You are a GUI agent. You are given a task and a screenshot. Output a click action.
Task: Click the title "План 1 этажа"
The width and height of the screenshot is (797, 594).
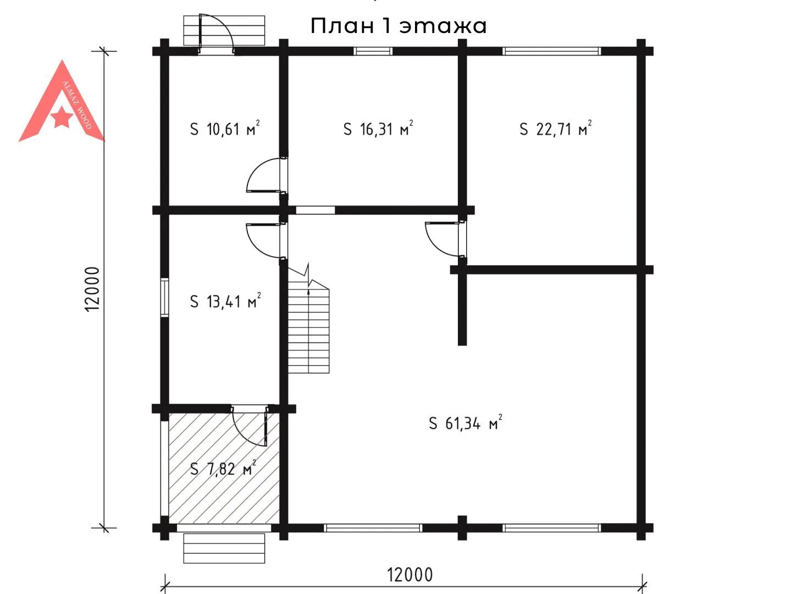pos(398,26)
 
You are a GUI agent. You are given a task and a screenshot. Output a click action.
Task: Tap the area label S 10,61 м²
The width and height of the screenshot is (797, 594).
pos(225,128)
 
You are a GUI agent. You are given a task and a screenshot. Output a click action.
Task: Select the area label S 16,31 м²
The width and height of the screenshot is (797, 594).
pos(378,128)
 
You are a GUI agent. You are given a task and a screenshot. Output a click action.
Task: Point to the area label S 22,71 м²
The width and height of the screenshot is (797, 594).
pos(555,128)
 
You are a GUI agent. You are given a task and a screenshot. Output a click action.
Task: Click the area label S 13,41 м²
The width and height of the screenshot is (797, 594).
pos(225,301)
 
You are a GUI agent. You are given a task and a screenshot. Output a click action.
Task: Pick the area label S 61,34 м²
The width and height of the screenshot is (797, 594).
pos(466,422)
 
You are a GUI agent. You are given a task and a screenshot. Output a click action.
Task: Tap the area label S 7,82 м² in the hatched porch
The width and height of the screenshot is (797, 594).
pos(223,468)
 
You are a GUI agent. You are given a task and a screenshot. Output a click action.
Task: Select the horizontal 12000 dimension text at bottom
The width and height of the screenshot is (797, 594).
pos(409,575)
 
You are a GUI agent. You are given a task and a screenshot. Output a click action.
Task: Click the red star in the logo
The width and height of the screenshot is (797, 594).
pos(62,117)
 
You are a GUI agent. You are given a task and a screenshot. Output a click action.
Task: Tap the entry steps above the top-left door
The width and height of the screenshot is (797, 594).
pos(224,31)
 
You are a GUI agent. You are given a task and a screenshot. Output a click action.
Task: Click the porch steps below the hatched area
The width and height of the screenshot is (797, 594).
pos(224,548)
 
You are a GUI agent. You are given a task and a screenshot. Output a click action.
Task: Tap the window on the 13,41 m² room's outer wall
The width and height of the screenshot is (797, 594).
pos(164,298)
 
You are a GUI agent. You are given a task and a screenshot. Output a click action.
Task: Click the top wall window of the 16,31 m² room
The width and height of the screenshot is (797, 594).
pos(373,51)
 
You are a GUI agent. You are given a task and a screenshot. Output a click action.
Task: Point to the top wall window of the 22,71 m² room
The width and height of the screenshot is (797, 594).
pos(551,51)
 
